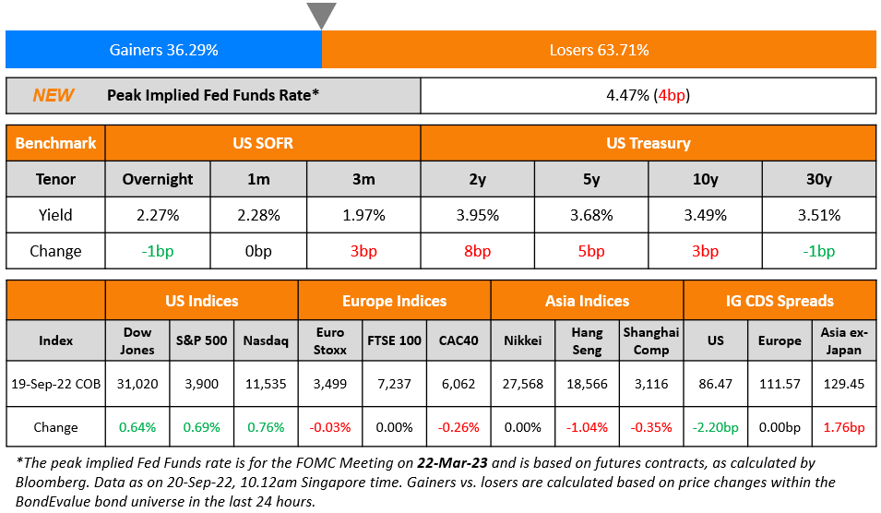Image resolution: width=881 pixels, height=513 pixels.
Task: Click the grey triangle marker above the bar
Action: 321,15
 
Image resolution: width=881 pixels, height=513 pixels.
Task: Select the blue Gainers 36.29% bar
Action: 163,50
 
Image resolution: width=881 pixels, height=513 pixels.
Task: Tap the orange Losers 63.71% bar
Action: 599,50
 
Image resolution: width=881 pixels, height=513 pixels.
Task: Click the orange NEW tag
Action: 54,95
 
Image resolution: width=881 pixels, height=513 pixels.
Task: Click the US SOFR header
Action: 263,143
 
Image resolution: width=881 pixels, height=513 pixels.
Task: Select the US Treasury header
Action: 648,143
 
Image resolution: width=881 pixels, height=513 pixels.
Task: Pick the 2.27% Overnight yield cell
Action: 158,215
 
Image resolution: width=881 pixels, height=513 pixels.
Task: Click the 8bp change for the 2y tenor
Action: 477,251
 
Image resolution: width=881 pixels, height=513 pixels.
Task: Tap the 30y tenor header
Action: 819,179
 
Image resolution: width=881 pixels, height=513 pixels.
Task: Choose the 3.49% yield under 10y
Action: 705,215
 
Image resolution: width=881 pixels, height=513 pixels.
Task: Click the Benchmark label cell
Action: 55,143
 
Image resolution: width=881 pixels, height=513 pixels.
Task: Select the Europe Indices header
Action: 394,301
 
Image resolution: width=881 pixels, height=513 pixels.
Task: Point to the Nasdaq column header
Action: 266,340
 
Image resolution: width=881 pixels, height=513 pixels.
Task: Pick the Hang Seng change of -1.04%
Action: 587,427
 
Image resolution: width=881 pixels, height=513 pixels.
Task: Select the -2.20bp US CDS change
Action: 715,427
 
